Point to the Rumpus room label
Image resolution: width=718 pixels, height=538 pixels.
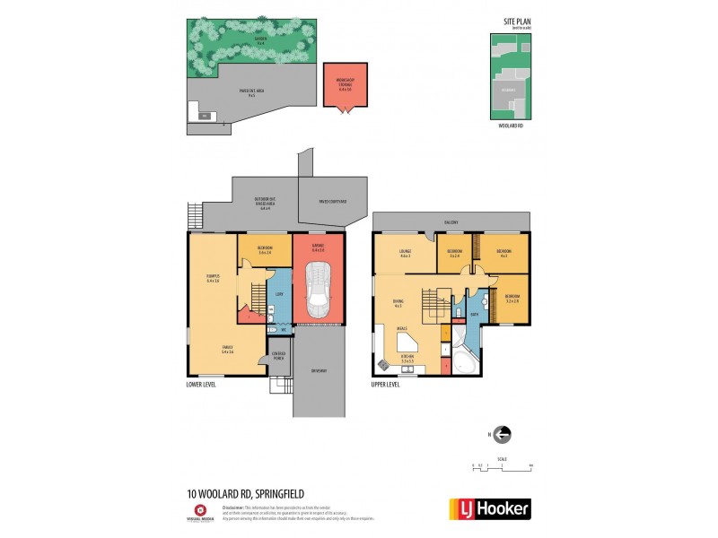[x=213, y=279]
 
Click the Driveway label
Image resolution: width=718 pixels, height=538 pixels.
[x=319, y=371]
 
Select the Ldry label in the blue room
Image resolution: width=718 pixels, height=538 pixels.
[x=279, y=293]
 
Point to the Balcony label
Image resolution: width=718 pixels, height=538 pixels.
[x=451, y=222]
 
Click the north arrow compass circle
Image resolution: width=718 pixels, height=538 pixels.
[x=503, y=434]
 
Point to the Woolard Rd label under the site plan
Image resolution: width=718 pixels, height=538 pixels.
[x=509, y=126]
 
